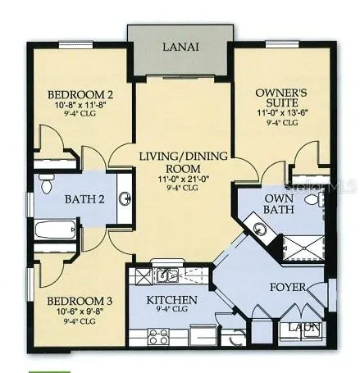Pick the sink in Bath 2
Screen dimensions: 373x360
pyautogui.click(x=124, y=198)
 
